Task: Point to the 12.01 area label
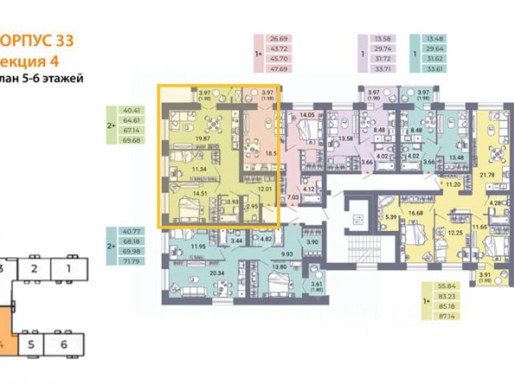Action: [265, 189]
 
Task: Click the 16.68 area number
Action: [416, 213]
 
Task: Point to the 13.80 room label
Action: [279, 267]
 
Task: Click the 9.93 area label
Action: [287, 253]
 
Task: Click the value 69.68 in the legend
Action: [129, 140]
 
